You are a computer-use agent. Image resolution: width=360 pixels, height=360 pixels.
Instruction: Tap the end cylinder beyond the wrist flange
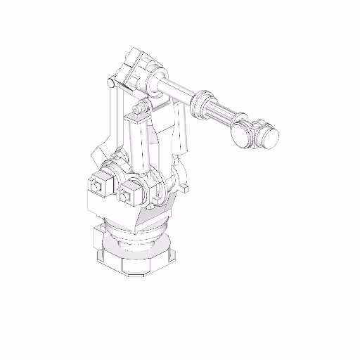267,135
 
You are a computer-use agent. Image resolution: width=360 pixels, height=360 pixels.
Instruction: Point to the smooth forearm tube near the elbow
176,90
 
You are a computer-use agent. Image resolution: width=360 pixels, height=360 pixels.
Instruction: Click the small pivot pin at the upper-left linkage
110,84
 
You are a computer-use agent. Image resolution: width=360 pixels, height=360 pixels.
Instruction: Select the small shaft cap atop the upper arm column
140,109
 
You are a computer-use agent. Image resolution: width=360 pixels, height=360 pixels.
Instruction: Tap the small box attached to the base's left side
99,240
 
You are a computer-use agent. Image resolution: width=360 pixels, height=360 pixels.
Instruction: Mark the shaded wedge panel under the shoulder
151,219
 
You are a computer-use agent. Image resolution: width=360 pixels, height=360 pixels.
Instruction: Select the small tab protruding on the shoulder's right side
186,188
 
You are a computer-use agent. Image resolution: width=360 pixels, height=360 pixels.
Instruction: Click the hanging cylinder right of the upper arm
182,130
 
